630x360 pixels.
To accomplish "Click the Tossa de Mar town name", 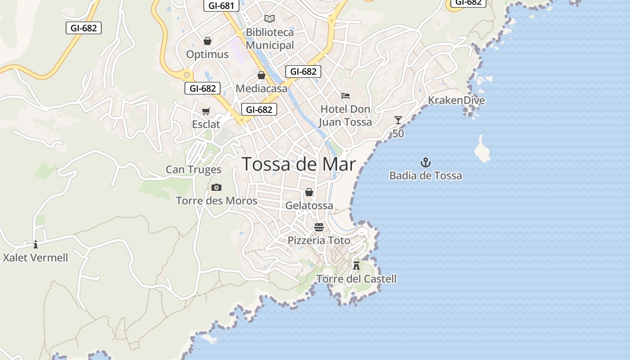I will click(299, 164).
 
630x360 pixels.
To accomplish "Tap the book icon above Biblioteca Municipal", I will click(270, 18).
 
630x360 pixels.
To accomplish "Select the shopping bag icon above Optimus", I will click(207, 41).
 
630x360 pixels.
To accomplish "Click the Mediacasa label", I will click(261, 89).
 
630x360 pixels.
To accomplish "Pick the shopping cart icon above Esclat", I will click(206, 111).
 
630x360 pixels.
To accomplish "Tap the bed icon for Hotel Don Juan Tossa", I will click(346, 95).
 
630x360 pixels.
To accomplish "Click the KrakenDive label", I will click(456, 100).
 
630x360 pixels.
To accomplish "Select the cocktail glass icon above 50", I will click(398, 120).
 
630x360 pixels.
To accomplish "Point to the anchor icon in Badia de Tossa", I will click(425, 162).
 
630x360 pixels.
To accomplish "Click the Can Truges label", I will click(193, 170).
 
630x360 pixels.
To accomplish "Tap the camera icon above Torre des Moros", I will click(216, 187).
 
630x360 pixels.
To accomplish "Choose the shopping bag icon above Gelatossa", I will click(309, 192).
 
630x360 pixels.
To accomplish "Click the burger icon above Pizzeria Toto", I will click(319, 226).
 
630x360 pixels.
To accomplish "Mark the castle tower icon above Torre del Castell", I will click(356, 265).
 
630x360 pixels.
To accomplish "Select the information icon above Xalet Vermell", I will click(36, 244).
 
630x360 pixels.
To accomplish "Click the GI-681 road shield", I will click(221, 6).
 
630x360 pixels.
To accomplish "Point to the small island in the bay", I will click(482, 150).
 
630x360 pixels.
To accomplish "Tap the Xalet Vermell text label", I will click(36, 258).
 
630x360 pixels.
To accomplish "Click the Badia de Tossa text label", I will click(426, 175).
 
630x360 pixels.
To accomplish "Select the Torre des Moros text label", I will click(216, 201).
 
